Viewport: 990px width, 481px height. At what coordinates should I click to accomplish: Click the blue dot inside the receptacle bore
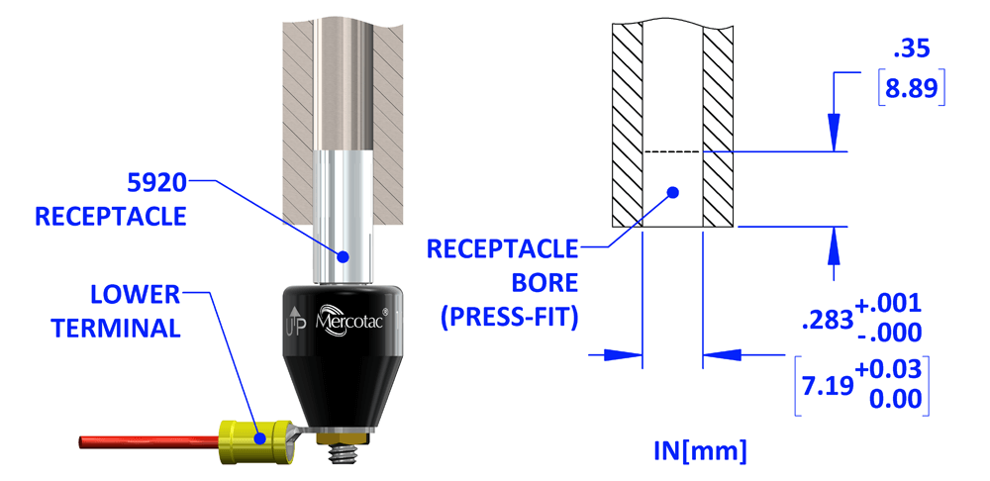coord(672,191)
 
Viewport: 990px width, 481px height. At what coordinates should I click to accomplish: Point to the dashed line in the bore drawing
coord(673,151)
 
